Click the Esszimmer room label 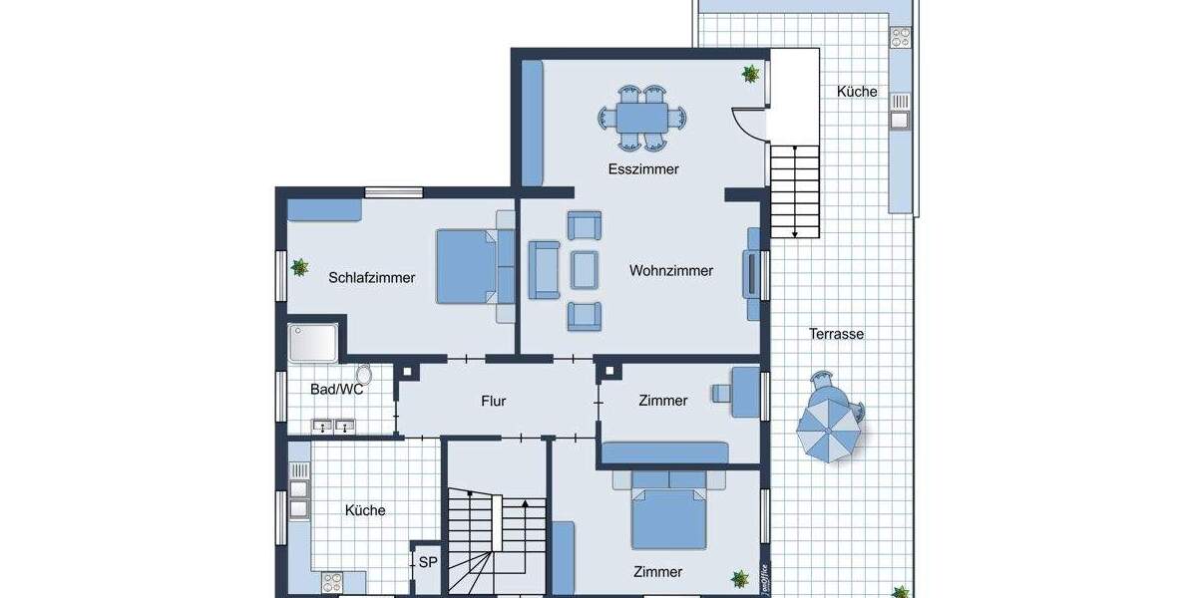pyautogui.click(x=643, y=169)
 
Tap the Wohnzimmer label pyautogui.click(x=671, y=270)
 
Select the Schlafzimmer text pyautogui.click(x=371, y=278)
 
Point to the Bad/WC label pyautogui.click(x=336, y=390)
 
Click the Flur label pyautogui.click(x=494, y=401)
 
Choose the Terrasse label pyautogui.click(x=836, y=334)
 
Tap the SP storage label pyautogui.click(x=427, y=562)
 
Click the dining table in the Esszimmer pyautogui.click(x=643, y=118)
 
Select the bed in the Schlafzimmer pyautogui.click(x=467, y=266)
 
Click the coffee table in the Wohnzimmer pyautogui.click(x=584, y=268)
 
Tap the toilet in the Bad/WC pyautogui.click(x=364, y=375)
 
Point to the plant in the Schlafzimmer pyautogui.click(x=299, y=267)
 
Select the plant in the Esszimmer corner pyautogui.click(x=750, y=73)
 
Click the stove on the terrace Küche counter pyautogui.click(x=900, y=38)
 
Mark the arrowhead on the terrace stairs pyautogui.click(x=795, y=234)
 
